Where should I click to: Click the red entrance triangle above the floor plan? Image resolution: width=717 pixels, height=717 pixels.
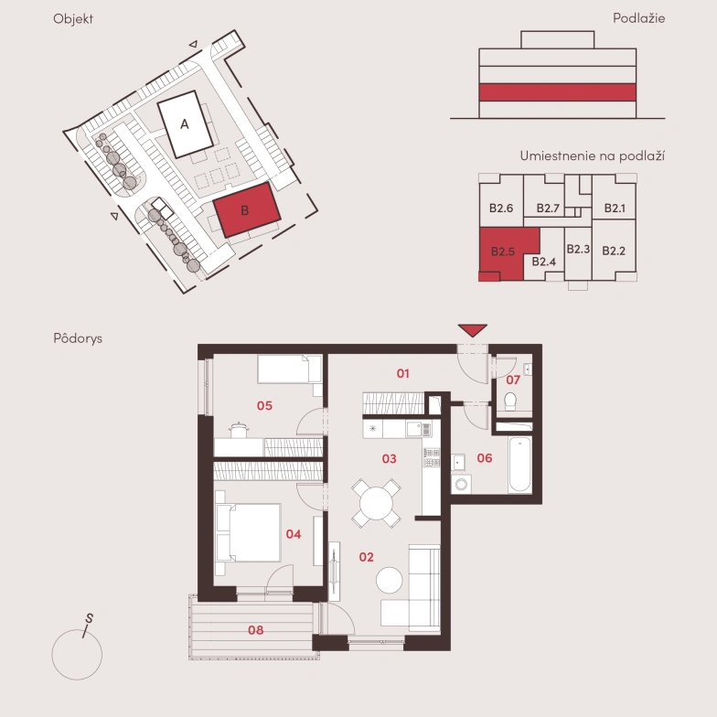[472, 330]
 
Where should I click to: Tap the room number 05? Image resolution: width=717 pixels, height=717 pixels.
[264, 406]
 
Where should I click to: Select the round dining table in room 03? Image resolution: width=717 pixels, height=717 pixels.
[376, 503]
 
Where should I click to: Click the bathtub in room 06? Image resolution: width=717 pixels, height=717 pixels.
[519, 465]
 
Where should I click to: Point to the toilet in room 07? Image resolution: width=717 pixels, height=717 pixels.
[510, 401]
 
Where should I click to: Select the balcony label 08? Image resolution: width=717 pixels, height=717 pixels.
[256, 630]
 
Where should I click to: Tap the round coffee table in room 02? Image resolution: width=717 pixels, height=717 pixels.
[390, 580]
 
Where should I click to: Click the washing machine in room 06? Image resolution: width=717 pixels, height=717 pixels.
[461, 484]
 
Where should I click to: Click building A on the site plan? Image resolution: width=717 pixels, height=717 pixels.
[185, 124]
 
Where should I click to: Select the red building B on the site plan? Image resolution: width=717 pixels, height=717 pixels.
[247, 210]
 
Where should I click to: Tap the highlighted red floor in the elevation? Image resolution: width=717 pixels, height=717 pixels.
[558, 92]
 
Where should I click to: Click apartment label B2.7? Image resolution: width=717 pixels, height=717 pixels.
[548, 209]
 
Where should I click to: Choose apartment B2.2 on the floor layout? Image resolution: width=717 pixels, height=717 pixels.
[614, 251]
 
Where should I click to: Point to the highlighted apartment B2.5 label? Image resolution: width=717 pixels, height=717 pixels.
[503, 251]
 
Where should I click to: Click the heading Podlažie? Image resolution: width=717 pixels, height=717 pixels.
[638, 18]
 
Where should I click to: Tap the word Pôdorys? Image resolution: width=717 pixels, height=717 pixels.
[78, 338]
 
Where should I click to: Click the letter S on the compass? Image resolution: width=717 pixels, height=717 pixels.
[90, 618]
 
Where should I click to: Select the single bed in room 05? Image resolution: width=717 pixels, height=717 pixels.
[290, 369]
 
